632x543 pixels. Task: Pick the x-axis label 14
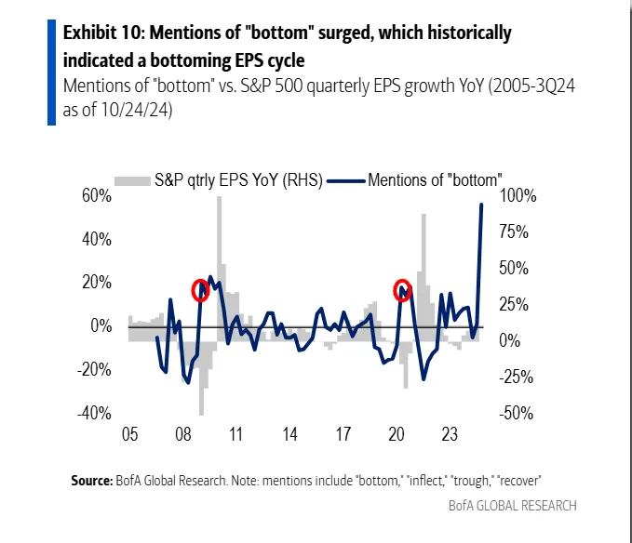tap(289, 434)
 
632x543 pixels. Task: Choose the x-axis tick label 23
tap(450, 434)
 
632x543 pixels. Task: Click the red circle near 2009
tap(199, 290)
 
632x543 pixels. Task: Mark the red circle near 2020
tap(402, 289)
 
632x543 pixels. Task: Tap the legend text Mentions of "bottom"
tap(436, 179)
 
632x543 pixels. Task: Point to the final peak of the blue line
tap(481, 205)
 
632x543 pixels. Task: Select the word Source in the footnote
tap(91, 481)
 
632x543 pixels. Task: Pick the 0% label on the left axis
tap(102, 326)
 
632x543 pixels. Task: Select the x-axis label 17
tap(343, 434)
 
